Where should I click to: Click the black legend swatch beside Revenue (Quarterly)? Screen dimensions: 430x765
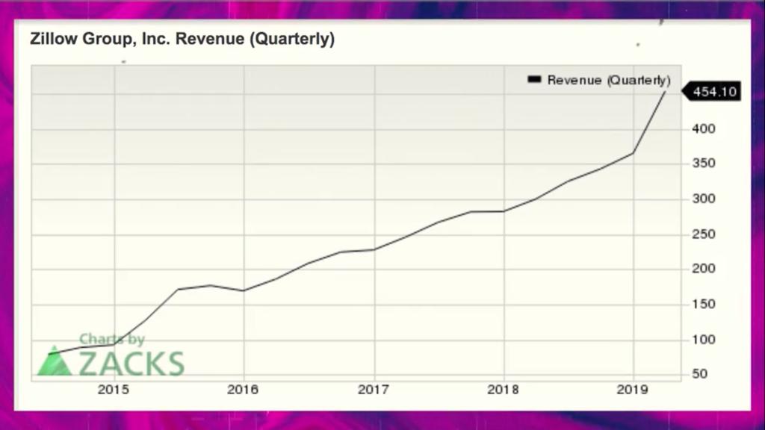[534, 79]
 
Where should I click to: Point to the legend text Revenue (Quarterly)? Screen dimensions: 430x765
[609, 80]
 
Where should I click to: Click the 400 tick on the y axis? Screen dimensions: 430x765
[704, 129]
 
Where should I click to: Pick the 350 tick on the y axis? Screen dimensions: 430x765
[704, 164]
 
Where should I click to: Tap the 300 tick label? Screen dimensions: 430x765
[704, 199]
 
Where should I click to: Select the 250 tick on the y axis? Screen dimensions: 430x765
[704, 234]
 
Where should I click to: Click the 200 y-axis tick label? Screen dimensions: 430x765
[704, 269]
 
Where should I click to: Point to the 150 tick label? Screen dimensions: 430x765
[704, 304]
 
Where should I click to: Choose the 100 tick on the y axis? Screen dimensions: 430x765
[704, 339]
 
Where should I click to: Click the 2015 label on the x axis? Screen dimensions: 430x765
[114, 390]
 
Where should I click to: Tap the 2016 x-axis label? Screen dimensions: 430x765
[244, 390]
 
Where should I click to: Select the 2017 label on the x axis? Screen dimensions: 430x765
[374, 390]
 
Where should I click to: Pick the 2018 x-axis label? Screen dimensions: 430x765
[504, 390]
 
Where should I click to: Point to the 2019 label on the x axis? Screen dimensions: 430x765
[634, 390]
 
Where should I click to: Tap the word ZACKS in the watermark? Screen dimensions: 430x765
[131, 364]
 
